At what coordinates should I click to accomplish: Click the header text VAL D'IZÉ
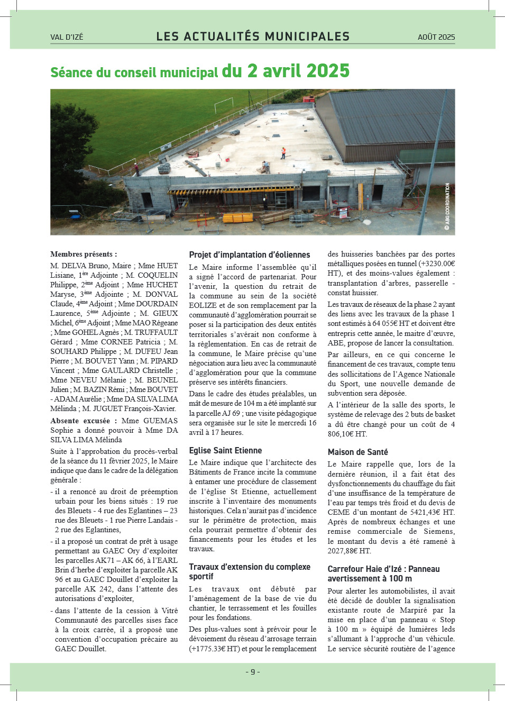67,37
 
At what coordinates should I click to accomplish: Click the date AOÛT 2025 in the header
436,37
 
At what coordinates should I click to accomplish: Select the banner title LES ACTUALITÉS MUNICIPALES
253,37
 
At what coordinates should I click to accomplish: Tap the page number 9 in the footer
253,672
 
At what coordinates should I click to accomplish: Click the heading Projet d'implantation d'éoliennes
250,255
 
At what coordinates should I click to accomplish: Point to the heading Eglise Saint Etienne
225,451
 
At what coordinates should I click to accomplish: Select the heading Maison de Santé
357,452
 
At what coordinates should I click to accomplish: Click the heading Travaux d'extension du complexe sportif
250,571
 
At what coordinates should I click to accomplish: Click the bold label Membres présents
83,254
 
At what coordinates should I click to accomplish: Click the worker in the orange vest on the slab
283,153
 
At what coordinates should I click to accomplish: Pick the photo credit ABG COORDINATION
447,206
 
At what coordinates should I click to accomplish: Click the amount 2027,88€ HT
349,551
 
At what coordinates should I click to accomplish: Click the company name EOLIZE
203,306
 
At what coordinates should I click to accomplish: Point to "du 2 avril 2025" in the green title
286,71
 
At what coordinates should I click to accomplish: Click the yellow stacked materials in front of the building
238,217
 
